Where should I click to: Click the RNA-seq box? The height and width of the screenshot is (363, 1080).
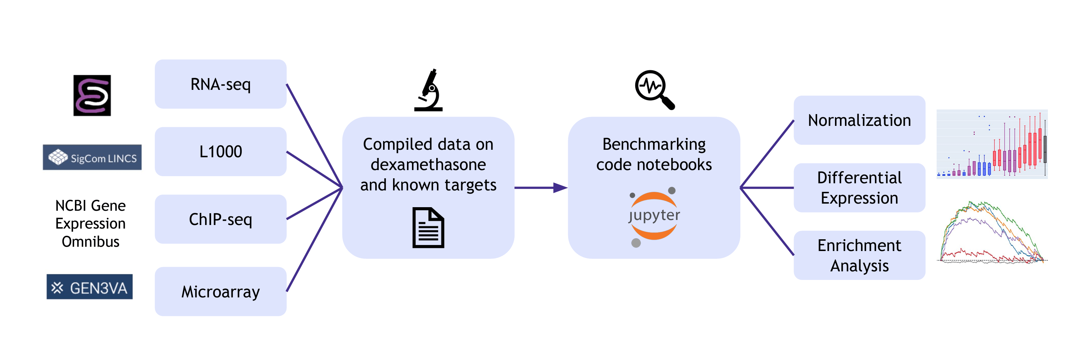(220, 84)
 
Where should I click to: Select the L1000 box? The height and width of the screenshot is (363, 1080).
(220, 151)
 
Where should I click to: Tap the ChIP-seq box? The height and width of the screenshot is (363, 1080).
(220, 219)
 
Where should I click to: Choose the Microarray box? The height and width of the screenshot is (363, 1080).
(220, 291)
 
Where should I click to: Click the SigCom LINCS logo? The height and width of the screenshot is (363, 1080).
(92, 157)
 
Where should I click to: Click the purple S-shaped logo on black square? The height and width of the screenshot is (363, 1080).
(92, 96)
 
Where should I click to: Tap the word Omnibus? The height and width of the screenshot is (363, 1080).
(91, 242)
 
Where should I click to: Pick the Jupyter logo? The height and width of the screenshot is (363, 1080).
(654, 216)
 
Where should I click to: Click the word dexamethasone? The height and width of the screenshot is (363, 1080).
(428, 165)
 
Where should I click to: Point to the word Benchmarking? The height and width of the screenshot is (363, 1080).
(654, 144)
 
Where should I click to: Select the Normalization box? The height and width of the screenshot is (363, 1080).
(859, 120)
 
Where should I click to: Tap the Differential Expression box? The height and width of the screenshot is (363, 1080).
(859, 188)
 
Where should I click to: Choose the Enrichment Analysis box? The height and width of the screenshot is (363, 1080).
(859, 255)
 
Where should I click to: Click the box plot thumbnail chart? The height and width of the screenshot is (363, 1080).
(992, 144)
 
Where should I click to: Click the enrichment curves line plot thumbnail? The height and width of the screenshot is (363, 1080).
(992, 232)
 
